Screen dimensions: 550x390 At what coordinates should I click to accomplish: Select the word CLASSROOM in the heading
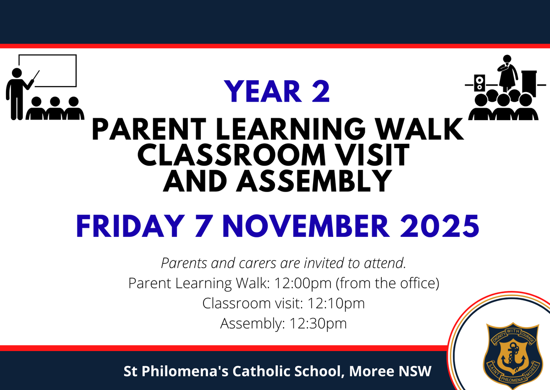pos(231,155)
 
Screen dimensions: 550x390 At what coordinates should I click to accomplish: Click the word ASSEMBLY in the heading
pos(314,181)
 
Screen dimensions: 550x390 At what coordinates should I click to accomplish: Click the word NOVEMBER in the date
pos(306,226)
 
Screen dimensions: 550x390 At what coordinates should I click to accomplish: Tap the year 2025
pos(439,226)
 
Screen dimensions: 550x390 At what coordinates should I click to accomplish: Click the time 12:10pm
pos(336,303)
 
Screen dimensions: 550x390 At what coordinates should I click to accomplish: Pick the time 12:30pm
pos(318,323)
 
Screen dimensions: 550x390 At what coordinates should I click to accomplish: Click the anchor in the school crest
pos(513,357)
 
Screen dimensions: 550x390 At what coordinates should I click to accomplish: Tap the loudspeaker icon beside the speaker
pos(479,83)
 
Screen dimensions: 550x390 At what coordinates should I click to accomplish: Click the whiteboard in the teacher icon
pos(48,71)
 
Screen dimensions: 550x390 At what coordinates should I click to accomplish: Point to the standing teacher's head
pos(16,73)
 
